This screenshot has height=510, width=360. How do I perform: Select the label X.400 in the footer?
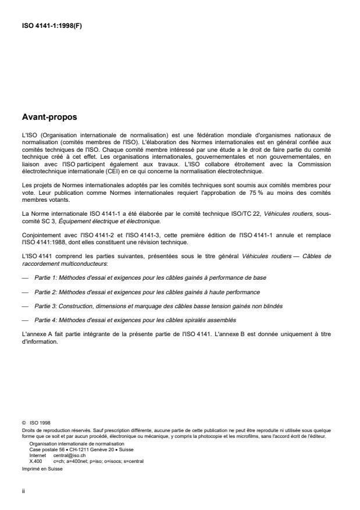(36, 460)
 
